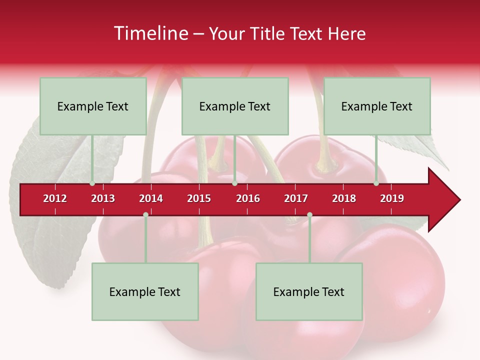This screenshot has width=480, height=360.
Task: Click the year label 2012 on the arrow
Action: pos(55,198)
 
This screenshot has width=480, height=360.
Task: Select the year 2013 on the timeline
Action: pos(103,198)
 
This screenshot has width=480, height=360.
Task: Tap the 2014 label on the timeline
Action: pos(151,198)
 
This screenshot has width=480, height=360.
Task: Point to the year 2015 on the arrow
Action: pos(199,198)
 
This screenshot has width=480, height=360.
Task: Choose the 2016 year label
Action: pos(248,198)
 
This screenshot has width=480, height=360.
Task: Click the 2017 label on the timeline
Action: pos(296,198)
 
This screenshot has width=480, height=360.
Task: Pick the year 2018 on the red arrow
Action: pos(344,198)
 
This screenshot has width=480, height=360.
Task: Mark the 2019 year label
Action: pos(392,198)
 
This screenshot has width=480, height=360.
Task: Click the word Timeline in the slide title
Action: pos(151,33)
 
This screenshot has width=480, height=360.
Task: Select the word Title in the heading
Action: pos(268,33)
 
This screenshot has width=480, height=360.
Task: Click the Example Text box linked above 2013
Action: pos(93,106)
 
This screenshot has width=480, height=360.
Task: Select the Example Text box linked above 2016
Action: pos(235,106)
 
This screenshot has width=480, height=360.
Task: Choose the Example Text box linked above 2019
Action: pos(377,106)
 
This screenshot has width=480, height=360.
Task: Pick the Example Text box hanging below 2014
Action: pos(145,291)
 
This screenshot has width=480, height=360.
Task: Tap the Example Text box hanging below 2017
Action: pos(309,291)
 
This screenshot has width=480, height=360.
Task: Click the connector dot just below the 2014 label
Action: pos(145,214)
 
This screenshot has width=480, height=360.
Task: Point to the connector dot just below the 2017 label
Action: pos(309,214)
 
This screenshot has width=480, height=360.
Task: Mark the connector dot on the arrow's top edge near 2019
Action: pos(376,183)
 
